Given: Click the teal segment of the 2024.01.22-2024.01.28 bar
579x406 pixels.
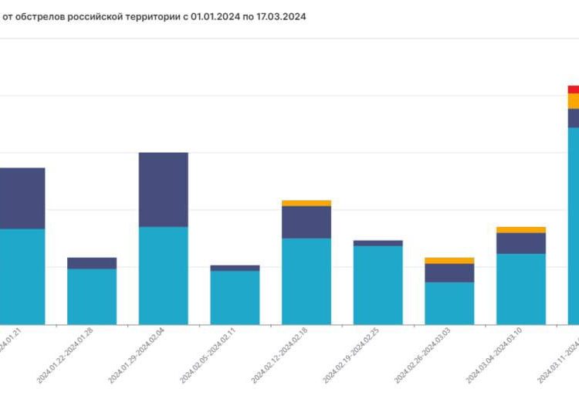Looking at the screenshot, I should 92,296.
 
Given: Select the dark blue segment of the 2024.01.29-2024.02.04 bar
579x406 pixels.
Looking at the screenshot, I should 163,189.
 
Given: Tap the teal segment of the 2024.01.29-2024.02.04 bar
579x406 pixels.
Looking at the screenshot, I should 163,275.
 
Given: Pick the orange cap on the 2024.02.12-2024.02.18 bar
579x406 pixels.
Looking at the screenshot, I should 306,203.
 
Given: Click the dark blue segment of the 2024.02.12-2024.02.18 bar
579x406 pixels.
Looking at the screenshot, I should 306,222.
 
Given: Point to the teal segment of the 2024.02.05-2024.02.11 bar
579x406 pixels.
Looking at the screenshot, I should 235,297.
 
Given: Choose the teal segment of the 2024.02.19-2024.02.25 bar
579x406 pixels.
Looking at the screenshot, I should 378,285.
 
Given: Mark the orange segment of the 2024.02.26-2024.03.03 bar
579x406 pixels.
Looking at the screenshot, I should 449,261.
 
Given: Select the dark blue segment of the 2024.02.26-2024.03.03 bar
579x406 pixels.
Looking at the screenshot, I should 449,272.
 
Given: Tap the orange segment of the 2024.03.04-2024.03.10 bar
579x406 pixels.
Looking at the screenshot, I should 521,229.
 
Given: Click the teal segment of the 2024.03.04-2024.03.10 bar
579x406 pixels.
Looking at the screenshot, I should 521,289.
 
